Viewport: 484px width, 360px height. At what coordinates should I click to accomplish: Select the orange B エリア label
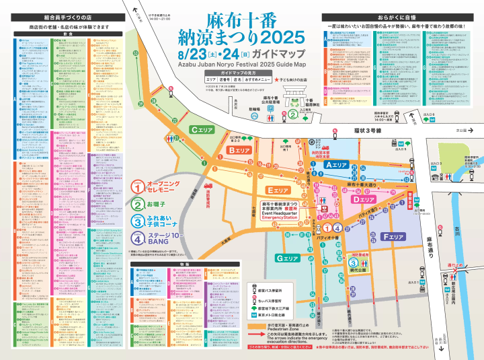click(239, 150)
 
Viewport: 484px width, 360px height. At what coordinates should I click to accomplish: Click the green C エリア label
click(201, 130)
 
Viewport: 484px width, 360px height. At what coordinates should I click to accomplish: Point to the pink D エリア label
click(364, 200)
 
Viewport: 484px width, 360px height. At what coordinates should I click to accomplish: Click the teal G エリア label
click(287, 258)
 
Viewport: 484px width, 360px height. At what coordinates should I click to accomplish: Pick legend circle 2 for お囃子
click(136, 203)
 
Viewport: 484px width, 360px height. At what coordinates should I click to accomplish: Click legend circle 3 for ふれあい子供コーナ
click(136, 221)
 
